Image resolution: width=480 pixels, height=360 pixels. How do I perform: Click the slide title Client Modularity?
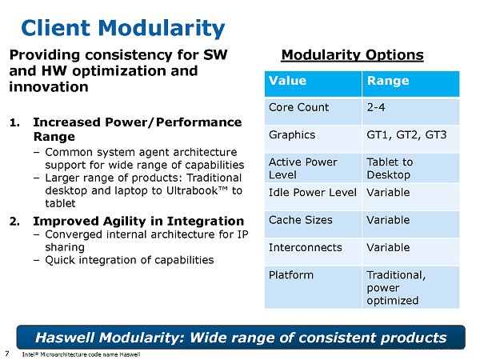point(122,29)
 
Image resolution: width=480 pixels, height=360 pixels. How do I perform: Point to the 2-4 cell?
point(376,106)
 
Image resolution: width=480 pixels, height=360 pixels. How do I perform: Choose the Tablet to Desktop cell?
point(390,168)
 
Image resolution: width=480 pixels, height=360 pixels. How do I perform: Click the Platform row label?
point(291,275)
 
